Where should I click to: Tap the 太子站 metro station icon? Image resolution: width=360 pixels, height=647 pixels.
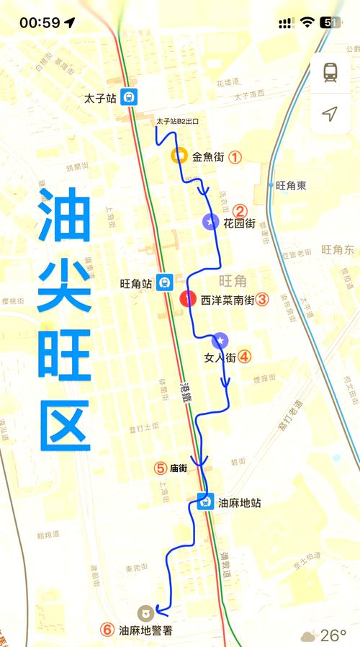[x=128, y=97]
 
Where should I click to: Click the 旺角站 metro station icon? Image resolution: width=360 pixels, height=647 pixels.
[x=166, y=283]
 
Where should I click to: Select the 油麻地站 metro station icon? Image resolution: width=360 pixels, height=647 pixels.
[x=205, y=501]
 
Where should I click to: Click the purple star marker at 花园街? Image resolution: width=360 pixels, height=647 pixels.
[x=210, y=222]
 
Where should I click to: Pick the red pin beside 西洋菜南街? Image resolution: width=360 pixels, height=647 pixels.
[x=188, y=298]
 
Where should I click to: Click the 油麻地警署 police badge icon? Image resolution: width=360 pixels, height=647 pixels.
[x=145, y=612]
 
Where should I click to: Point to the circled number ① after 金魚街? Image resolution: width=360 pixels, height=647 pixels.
[x=235, y=156]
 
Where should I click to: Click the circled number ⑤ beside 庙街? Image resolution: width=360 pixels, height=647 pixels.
[x=161, y=468]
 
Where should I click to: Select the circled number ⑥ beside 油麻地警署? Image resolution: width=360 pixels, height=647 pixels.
[x=107, y=630]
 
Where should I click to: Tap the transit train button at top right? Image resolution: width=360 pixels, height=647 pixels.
[x=330, y=72]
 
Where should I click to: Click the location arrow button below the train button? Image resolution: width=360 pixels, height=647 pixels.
[x=330, y=114]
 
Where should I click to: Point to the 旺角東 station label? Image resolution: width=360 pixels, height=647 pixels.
[x=291, y=185]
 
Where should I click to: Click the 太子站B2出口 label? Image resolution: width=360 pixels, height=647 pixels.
[x=177, y=122]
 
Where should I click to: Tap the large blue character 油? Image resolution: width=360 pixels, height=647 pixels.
[x=65, y=217]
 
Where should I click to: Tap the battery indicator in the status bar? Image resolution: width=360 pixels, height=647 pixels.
[x=331, y=22]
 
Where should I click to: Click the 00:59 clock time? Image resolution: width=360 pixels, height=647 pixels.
[x=40, y=22]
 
